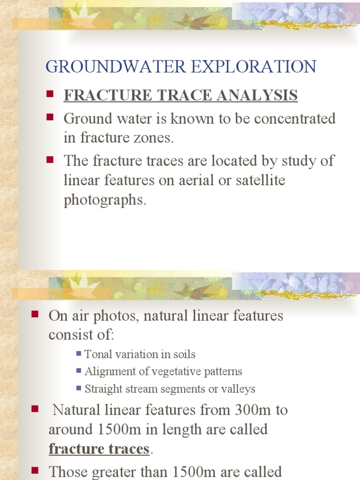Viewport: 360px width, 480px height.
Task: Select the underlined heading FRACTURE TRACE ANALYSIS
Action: click(x=180, y=95)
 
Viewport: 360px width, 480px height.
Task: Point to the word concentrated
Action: click(x=294, y=119)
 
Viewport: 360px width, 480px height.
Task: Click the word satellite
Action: click(x=261, y=180)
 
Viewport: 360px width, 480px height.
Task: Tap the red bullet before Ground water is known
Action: click(x=50, y=117)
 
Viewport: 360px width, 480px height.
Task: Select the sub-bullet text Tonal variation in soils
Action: click(x=140, y=354)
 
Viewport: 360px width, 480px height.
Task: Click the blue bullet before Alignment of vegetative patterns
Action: click(x=79, y=371)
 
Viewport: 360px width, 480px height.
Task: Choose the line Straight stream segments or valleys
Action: click(x=170, y=389)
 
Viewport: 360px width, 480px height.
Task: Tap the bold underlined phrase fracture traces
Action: click(x=99, y=449)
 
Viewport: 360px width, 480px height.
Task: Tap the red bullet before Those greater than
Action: click(x=35, y=470)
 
